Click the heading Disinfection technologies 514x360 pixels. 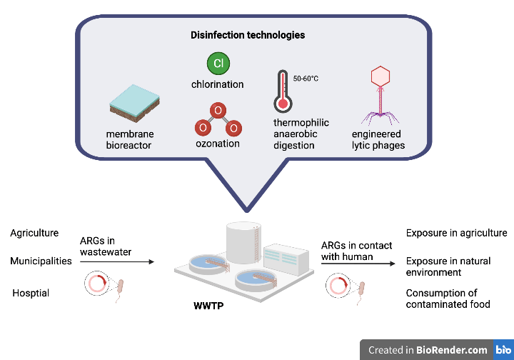(x=248, y=35)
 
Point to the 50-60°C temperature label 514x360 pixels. (x=306, y=78)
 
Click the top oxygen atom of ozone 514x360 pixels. (x=218, y=110)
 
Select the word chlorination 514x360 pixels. (x=218, y=84)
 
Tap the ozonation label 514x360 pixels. (x=218, y=144)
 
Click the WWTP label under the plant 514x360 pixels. (x=207, y=306)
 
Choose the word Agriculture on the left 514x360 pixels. (x=34, y=234)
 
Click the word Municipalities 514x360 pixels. (x=41, y=261)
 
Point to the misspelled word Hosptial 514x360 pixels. (x=31, y=293)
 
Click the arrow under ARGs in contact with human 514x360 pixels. (x=357, y=264)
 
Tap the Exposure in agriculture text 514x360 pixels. (x=456, y=233)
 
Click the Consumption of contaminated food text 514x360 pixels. (x=448, y=299)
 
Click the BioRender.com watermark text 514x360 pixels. (x=428, y=350)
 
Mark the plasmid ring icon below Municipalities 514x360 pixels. (x=96, y=284)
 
